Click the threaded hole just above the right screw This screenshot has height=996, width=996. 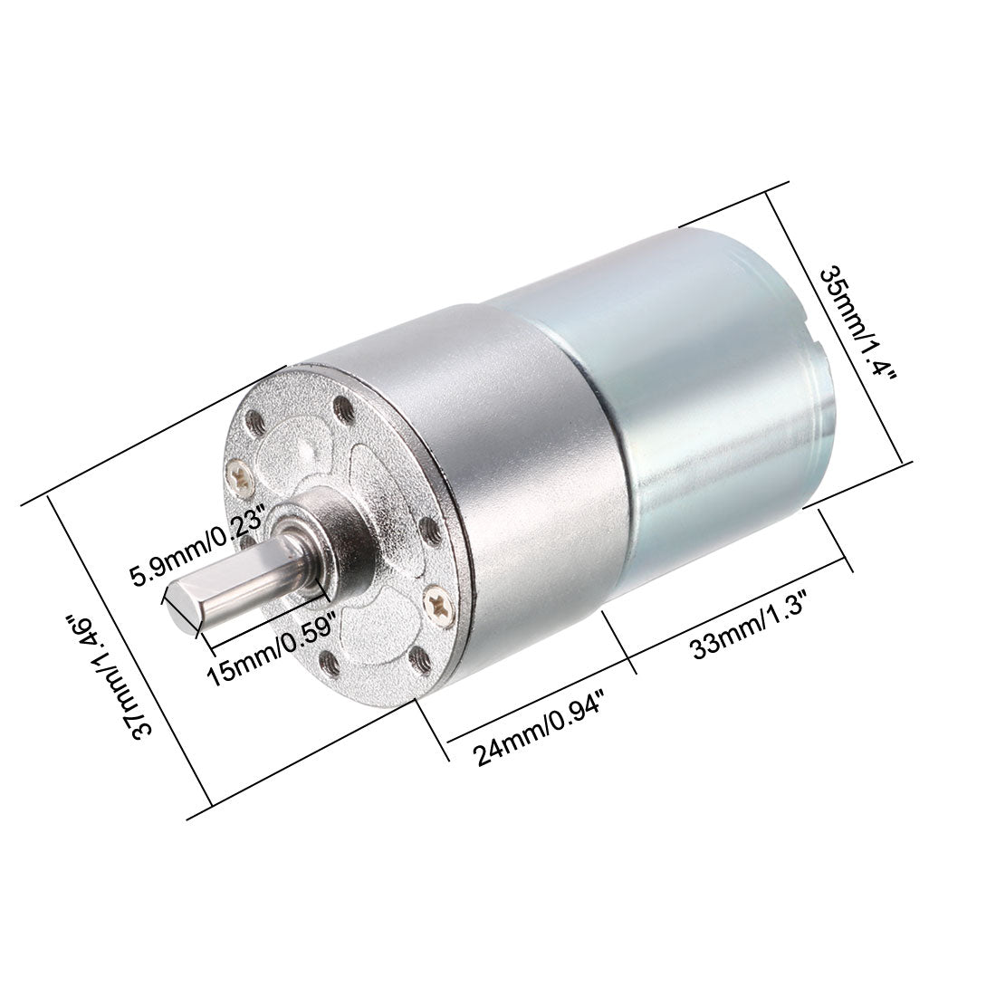[430, 532]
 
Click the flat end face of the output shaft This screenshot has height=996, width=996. [184, 609]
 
